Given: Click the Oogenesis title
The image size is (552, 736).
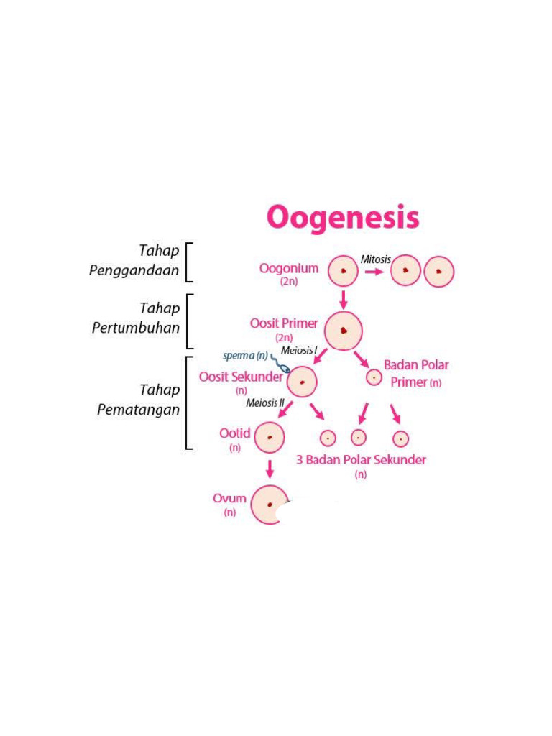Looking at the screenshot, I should tap(342, 217).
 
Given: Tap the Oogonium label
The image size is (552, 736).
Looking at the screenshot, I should tap(289, 269).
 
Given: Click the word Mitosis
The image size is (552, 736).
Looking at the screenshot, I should tap(376, 259).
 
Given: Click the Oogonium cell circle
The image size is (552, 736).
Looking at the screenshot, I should tap(343, 271).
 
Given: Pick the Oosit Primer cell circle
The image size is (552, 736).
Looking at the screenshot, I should tap(344, 331).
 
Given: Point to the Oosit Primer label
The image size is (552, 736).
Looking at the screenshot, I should tap(284, 324).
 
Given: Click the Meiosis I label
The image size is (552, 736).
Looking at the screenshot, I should tap(299, 351).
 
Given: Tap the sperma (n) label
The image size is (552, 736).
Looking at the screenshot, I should tap(245, 356).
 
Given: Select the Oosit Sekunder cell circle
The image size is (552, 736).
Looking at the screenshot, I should tap(303, 382).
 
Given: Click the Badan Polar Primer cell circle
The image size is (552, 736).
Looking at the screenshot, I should tap(374, 377).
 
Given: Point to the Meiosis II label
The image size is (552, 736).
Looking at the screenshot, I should tap(265, 402).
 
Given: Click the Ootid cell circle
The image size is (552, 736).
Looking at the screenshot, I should tap(270, 437).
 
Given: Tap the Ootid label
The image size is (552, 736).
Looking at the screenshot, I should tap(235, 433).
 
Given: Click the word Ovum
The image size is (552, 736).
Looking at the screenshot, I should tap(229, 499).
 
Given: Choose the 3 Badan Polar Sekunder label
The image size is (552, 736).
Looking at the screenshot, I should tap(361, 460).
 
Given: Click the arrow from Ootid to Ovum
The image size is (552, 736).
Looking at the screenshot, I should tap(270, 469).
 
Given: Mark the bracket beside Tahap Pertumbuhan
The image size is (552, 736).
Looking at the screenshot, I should tap(190, 321).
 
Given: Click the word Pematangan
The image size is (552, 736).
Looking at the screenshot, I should tap(139, 410).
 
